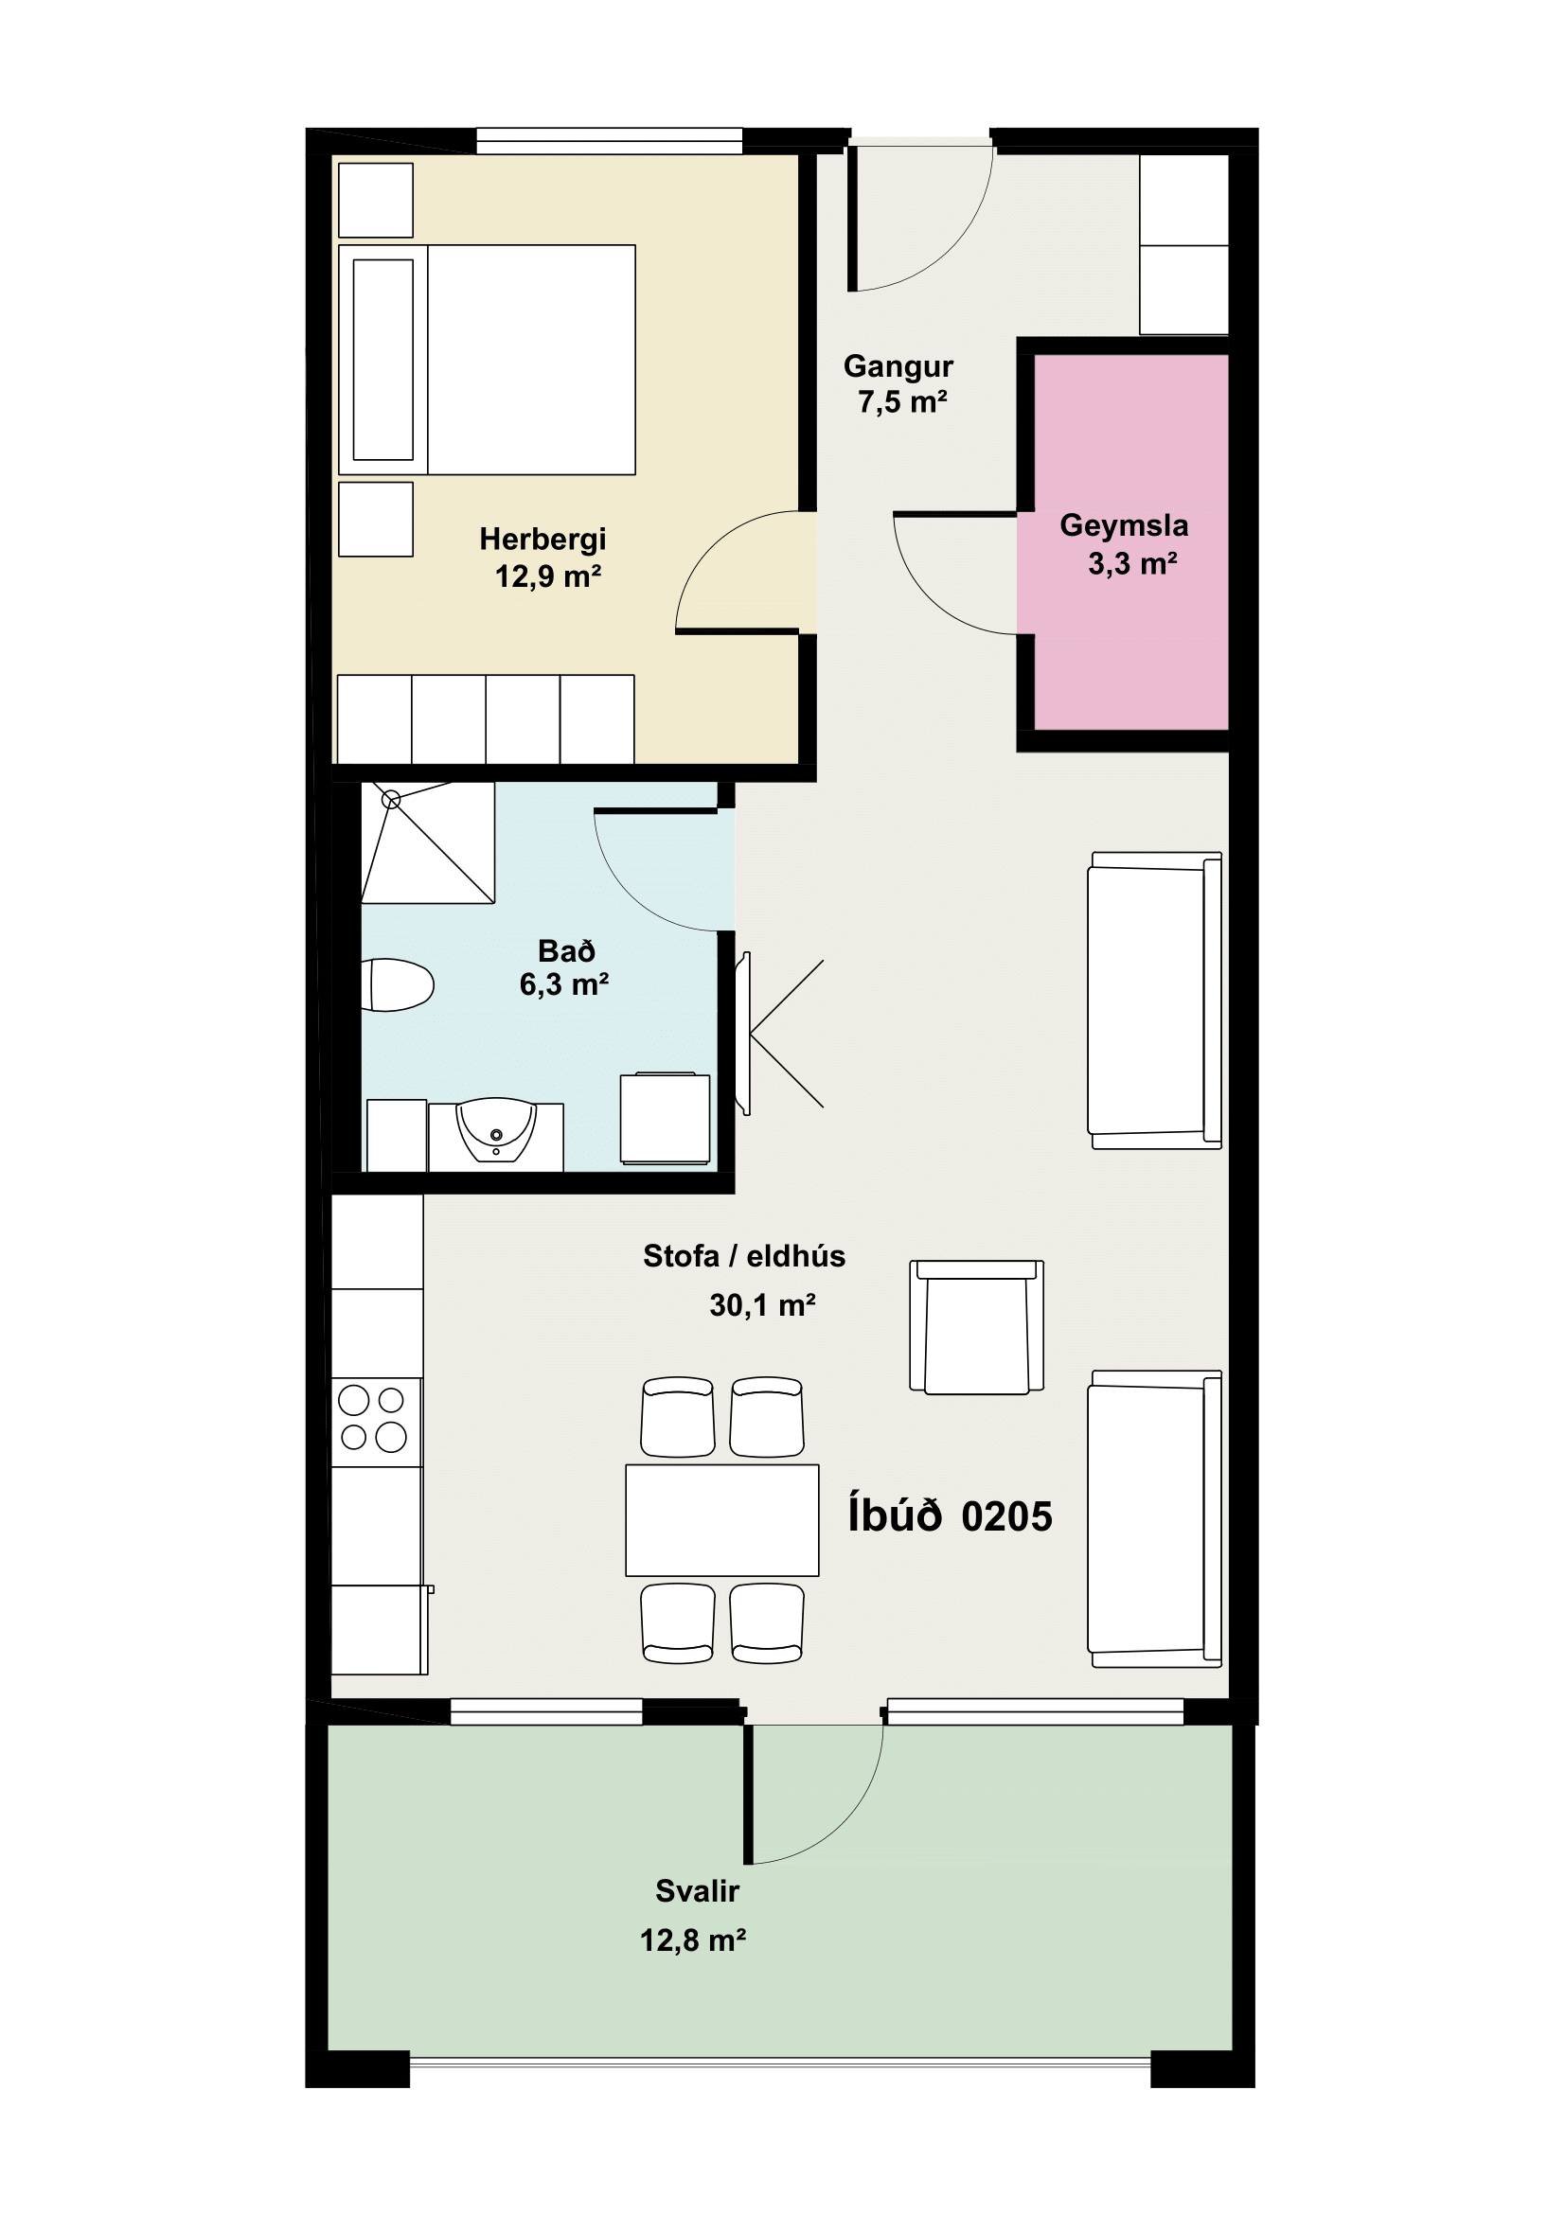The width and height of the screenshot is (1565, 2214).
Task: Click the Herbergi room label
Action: (x=542, y=539)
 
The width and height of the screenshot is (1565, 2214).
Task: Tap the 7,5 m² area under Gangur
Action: (x=902, y=402)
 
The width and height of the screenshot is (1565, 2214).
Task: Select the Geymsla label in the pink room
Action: (x=1124, y=525)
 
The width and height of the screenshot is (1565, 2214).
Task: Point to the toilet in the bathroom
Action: (x=398, y=984)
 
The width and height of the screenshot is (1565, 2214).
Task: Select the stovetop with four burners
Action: (x=376, y=1423)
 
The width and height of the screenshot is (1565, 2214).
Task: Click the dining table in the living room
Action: (x=722, y=1521)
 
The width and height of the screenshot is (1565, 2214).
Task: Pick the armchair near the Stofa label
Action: (x=977, y=1327)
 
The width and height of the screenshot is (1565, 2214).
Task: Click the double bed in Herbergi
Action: (x=487, y=360)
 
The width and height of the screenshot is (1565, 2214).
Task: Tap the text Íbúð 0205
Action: (x=950, y=1515)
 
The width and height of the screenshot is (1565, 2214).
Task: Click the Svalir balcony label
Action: (x=697, y=1891)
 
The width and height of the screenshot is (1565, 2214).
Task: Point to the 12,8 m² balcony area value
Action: (x=693, y=1940)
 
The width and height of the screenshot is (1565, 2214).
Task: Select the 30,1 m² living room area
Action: (x=763, y=1305)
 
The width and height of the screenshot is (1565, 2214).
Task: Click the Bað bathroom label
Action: (x=566, y=950)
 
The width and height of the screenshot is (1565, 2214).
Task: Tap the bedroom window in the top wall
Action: (x=610, y=141)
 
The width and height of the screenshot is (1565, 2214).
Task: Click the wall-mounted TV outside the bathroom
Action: (x=743, y=1034)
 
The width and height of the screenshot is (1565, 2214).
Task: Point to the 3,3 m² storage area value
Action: (x=1133, y=564)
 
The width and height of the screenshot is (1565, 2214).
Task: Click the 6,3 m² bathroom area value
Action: (x=564, y=984)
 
